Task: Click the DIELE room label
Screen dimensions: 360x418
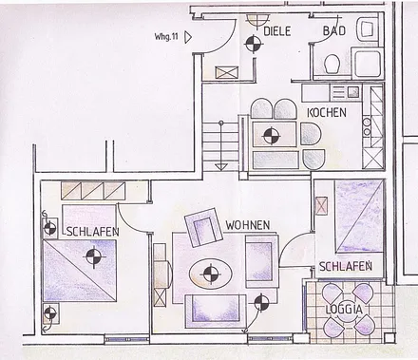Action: [277, 31]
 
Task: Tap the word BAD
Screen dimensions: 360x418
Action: [333, 31]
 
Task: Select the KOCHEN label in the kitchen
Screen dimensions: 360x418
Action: [327, 113]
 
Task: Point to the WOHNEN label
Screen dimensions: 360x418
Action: [248, 225]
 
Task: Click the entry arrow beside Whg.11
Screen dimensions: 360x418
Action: [190, 36]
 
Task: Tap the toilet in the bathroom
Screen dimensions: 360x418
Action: [332, 65]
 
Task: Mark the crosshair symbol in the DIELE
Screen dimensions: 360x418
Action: [252, 43]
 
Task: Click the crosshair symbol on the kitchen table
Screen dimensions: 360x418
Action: [271, 134]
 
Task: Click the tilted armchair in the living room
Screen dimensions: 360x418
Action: [203, 227]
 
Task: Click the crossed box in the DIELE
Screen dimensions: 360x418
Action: [226, 71]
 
